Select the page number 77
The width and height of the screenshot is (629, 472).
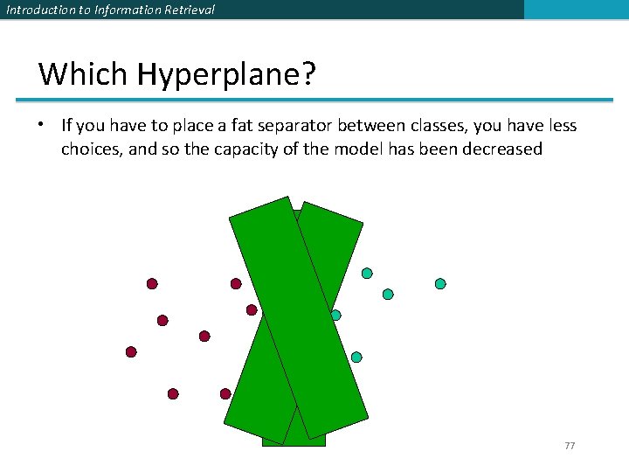tap(570, 446)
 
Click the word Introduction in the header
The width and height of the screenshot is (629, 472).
tap(38, 10)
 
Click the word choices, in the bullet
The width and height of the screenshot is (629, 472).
tap(92, 149)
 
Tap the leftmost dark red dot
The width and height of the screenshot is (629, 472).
tap(131, 352)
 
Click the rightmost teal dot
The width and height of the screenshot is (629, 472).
tap(440, 284)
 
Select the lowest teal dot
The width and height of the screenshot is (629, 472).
tap(356, 357)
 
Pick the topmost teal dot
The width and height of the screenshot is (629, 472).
tap(367, 274)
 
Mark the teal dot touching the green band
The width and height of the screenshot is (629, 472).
tap(335, 315)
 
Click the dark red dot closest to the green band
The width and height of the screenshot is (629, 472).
tap(252, 309)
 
